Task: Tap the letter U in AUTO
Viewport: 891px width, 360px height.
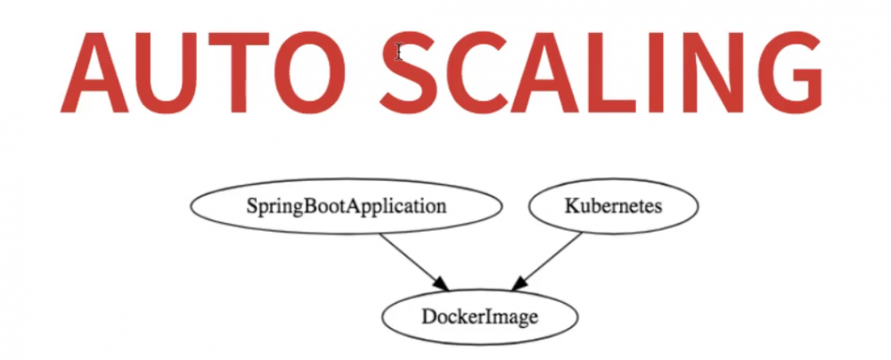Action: (168, 73)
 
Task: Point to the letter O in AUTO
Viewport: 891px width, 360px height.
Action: (309, 72)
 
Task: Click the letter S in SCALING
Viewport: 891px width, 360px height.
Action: (408, 72)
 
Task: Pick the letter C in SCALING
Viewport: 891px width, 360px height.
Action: (478, 72)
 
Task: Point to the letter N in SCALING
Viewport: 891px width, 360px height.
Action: (713, 72)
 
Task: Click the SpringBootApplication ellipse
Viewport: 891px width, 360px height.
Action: (346, 207)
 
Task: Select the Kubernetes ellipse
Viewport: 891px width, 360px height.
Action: (613, 206)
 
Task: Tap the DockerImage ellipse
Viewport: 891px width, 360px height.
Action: (479, 316)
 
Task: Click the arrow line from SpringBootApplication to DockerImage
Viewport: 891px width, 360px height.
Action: (414, 262)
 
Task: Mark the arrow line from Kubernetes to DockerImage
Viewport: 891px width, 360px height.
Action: (547, 261)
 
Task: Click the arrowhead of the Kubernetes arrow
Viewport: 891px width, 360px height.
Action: (520, 282)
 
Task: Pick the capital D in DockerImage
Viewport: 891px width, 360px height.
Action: (428, 316)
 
